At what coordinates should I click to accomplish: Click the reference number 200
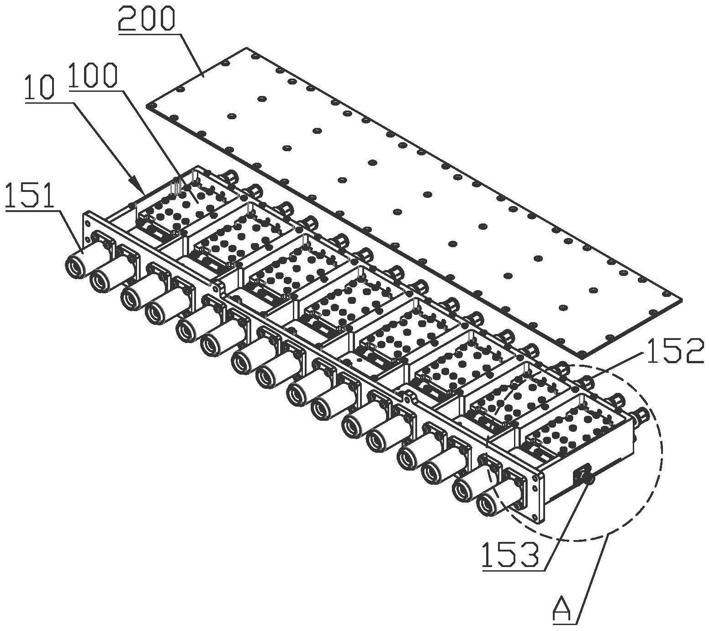point(146,19)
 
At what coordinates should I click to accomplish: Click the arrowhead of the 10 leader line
point(143,191)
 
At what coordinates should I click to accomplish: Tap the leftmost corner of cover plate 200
point(148,106)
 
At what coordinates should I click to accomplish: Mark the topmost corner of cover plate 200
point(247,48)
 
